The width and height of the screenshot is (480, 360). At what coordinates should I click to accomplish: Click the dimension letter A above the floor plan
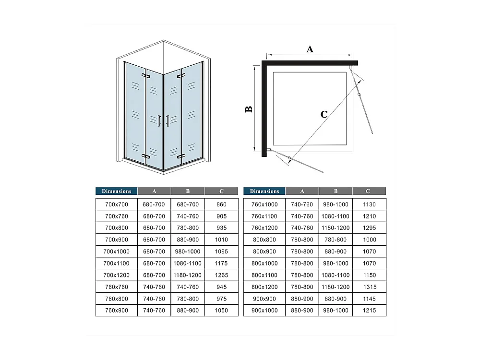(310, 48)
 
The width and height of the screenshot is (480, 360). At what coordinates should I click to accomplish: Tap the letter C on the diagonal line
(324, 114)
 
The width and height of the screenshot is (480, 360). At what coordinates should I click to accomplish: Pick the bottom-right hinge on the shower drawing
(181, 156)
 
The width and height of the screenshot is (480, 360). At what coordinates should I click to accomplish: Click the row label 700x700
(117, 204)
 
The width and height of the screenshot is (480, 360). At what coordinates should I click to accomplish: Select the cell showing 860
(221, 204)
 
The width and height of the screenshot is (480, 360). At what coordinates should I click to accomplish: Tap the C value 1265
(221, 275)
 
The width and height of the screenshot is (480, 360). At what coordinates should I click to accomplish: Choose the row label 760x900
(117, 311)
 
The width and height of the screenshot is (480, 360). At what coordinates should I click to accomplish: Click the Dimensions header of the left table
(117, 191)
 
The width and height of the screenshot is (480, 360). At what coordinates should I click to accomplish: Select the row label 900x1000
(264, 311)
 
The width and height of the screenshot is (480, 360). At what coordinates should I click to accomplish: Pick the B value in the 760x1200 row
(336, 228)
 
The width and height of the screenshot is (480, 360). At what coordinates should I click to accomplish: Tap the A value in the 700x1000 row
(154, 252)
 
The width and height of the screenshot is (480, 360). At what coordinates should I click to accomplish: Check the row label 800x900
(264, 252)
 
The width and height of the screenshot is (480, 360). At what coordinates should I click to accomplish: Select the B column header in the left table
(188, 191)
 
